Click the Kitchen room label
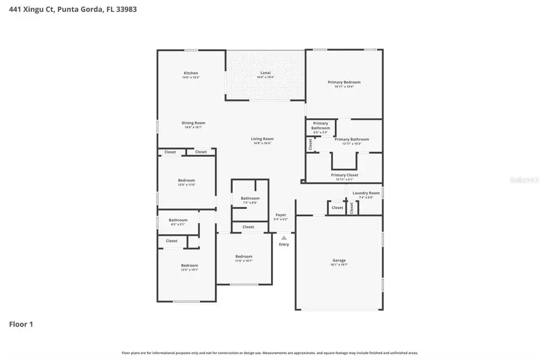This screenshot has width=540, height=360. pos(191,73)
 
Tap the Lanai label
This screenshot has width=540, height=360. pos(265,73)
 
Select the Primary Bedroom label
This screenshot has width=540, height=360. pos(344,82)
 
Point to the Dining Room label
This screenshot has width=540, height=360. pos(193,123)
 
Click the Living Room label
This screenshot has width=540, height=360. pos(262,139)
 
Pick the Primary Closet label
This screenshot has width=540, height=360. pos(344,175)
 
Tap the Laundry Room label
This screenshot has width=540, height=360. pos(366,193)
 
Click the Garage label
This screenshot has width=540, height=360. pos(339,260)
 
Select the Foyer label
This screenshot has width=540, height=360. pos(281,215)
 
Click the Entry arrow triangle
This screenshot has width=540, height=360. pos(284,238)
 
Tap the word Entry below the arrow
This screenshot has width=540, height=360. pos(284,244)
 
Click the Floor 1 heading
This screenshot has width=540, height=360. pos(21,325)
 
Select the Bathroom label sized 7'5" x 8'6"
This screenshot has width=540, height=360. pos(250,198)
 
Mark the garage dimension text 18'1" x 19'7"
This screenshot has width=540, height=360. pos(339,265)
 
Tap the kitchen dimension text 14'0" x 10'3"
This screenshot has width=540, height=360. pos(191,77)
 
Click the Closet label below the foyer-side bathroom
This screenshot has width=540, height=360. pos(248,227)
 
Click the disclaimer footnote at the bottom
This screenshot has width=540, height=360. pos(270,353)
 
